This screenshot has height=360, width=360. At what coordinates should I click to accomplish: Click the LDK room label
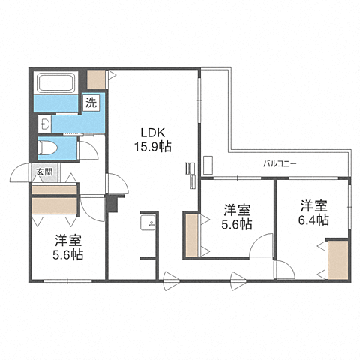coord(153,133)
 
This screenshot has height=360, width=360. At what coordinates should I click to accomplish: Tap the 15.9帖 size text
coord(153,147)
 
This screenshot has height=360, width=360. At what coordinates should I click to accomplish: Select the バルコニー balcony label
coord(280,164)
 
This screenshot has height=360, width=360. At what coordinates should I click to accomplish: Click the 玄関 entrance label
coord(44,172)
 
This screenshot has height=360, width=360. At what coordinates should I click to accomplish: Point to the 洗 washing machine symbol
coord(91,102)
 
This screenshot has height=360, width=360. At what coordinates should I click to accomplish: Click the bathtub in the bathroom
coord(55,82)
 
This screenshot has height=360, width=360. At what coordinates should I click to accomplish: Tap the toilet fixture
coord(48,148)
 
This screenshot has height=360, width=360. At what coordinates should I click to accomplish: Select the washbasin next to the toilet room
coord(44,124)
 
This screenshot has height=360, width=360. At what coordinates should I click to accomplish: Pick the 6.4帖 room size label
coord(313,220)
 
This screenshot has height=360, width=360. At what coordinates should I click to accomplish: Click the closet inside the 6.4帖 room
coord(338,260)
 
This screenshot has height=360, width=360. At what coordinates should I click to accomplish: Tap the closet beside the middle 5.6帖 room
coord(192,235)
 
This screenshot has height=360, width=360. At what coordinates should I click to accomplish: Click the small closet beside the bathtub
coord(96,79)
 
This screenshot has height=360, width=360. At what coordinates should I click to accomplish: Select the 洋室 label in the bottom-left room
coord(68,241)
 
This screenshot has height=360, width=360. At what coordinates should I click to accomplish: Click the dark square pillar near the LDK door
coord(112,204)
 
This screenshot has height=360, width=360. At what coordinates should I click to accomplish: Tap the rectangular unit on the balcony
coord(208,166)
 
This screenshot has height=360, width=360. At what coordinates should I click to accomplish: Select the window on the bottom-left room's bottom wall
coord(67,281)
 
